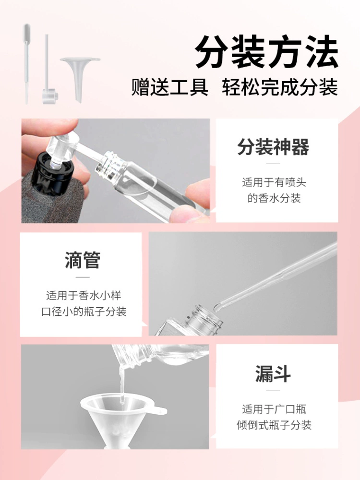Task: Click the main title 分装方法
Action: coord(266,51)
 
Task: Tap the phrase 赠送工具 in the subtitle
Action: coord(170,87)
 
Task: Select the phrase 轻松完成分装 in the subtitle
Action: coord(280,87)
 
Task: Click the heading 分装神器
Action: coord(273,147)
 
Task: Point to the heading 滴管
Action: coord(83,260)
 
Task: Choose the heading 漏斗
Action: coord(273,373)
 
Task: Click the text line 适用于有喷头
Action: coord(274,182)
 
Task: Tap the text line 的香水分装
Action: coord(274,198)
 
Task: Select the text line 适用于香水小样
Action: coord(84,296)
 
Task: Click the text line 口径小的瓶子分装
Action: coord(84,312)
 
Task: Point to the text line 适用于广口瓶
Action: coord(274,409)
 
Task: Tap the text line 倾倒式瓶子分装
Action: coord(274,425)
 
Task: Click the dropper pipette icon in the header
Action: coord(27,63)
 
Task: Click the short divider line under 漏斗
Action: coord(273,391)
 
